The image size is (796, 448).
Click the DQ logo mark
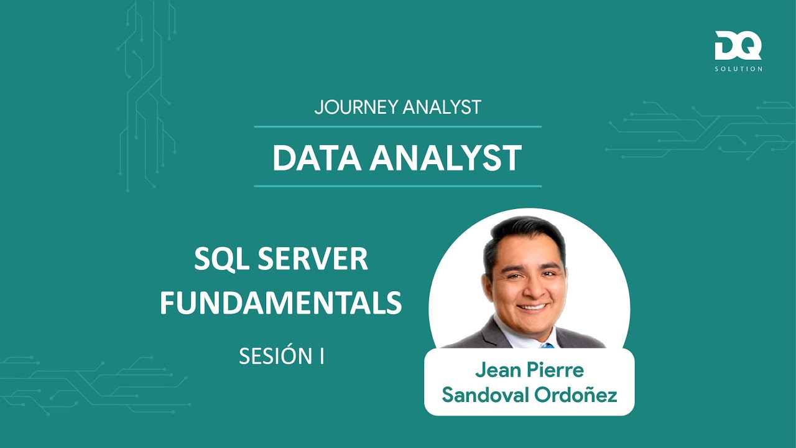point(738,46)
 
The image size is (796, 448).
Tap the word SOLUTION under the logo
point(738,68)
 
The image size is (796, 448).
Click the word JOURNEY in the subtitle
point(356,107)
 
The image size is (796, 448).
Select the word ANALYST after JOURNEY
point(442,107)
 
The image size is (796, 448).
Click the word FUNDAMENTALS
point(280,303)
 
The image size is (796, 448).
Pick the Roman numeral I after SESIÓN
point(322,357)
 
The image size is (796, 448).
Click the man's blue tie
point(547,344)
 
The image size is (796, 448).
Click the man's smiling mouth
point(532,306)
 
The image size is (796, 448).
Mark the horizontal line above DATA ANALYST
point(397,126)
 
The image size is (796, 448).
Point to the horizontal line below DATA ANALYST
point(397,185)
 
